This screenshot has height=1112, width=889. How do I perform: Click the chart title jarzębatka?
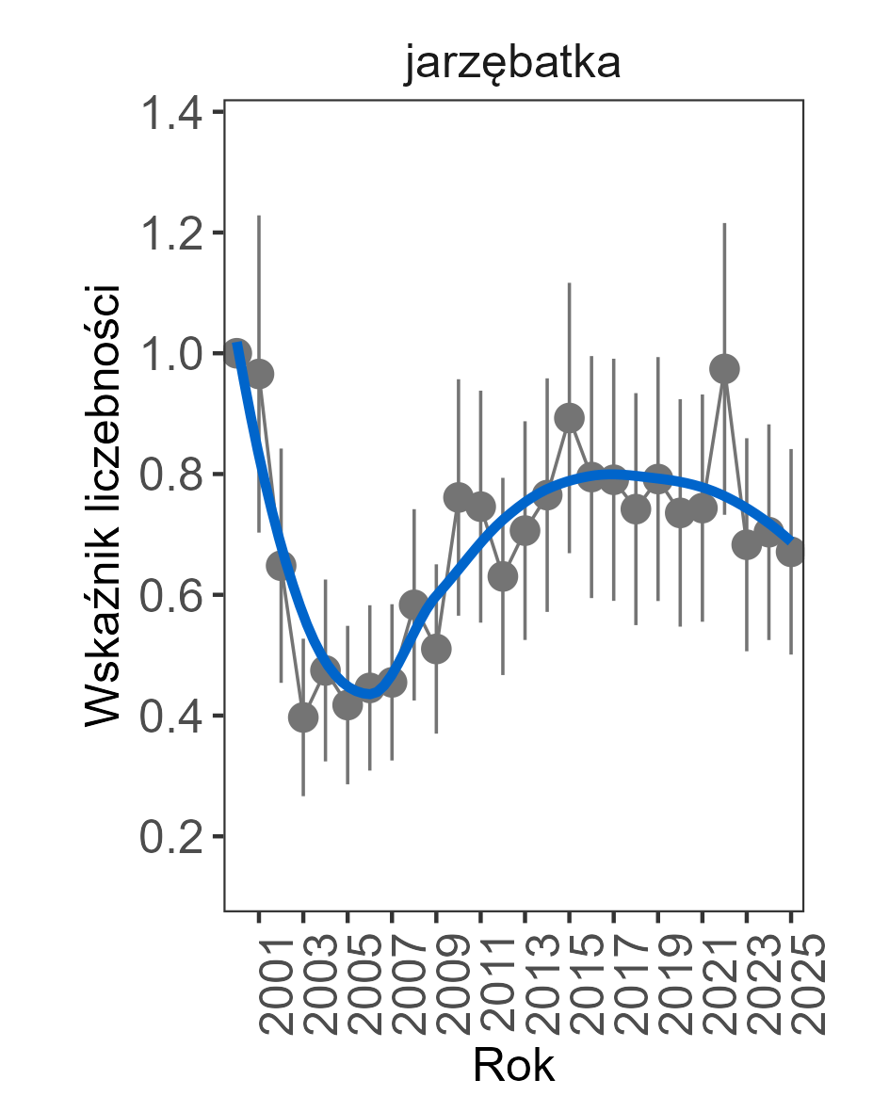click(x=513, y=66)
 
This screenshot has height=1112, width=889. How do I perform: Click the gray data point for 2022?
click(x=724, y=368)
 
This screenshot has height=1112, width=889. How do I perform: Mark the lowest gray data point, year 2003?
click(x=303, y=717)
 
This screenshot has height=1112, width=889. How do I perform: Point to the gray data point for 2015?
click(x=569, y=417)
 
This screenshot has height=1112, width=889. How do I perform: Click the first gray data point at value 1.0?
click(x=237, y=353)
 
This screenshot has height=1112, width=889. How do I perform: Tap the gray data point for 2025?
click(x=791, y=553)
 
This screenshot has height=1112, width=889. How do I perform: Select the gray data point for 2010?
click(x=458, y=497)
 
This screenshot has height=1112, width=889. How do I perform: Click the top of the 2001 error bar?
click(x=259, y=217)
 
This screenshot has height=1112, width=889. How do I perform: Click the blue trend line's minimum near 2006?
click(x=368, y=692)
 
